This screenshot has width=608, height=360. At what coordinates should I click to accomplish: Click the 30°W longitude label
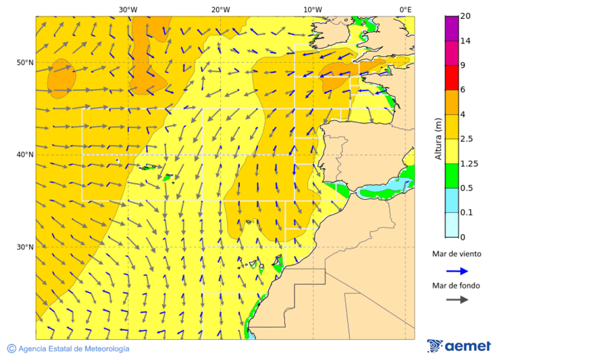(128, 9)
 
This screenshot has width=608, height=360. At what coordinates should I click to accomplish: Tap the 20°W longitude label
(220, 9)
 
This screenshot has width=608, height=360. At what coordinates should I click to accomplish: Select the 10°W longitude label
(312, 9)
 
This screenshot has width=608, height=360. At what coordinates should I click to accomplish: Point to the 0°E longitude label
(405, 9)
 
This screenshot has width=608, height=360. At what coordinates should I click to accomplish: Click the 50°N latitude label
(25, 63)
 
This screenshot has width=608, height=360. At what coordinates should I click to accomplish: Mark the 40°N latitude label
(25, 155)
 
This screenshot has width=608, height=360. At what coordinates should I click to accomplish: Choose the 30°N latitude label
(25, 247)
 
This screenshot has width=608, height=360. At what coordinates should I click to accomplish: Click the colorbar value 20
(465, 16)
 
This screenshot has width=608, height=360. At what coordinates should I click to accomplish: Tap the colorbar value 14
(465, 41)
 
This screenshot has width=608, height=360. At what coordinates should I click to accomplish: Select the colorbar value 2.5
(466, 139)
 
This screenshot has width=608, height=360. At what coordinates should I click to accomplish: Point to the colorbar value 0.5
(466, 188)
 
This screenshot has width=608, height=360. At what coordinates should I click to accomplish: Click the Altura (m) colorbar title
(438, 139)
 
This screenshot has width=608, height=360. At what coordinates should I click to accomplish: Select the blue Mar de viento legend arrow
(457, 271)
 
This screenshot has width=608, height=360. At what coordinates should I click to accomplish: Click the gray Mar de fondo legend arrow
(457, 299)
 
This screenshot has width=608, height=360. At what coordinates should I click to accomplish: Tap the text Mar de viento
(457, 255)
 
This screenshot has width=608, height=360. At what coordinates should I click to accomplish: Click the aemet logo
(459, 346)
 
